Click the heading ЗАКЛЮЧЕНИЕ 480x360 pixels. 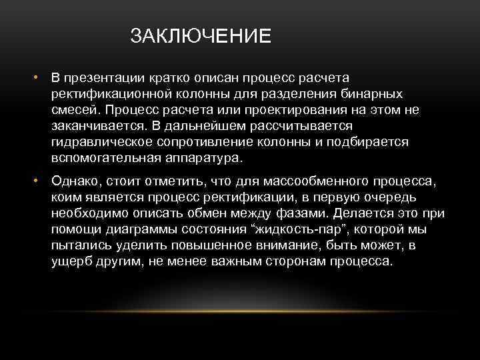pos(201,35)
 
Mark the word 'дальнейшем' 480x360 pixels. pos(212,126)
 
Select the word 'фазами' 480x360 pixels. pos(304,214)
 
